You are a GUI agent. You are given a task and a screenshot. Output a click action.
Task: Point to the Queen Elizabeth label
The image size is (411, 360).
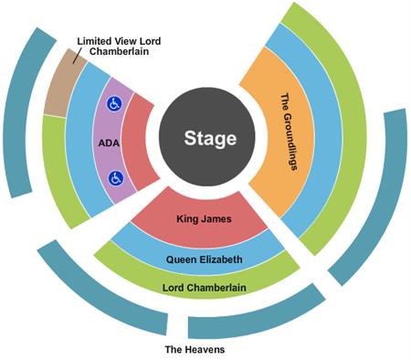(205, 259)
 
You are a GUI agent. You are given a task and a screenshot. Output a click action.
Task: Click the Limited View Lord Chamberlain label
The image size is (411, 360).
(120, 47)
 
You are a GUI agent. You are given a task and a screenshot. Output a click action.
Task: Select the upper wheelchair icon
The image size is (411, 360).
(116, 104)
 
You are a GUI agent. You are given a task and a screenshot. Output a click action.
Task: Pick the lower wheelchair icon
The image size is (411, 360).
(116, 179)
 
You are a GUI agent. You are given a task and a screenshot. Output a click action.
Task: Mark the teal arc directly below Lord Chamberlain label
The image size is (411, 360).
(256, 315)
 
